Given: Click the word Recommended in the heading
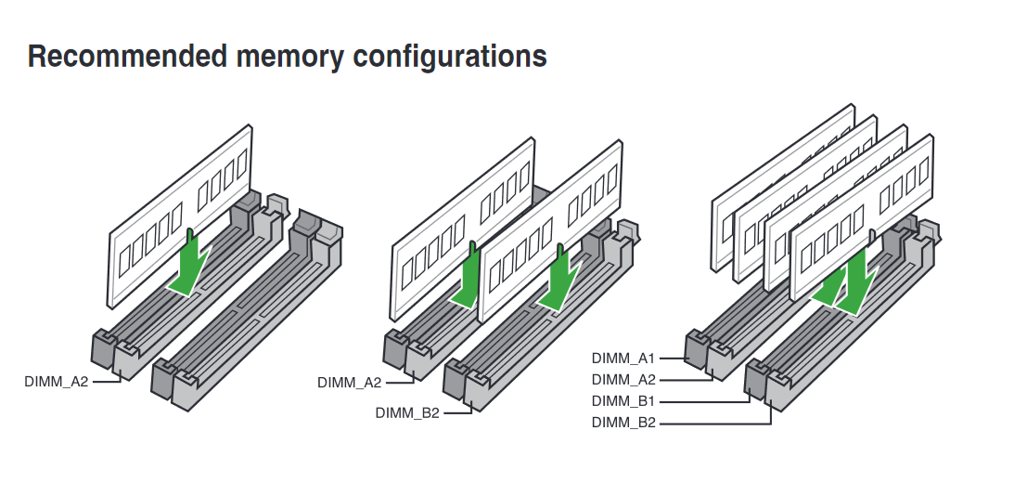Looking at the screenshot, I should click(127, 57).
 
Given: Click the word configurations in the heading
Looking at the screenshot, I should click(450, 57).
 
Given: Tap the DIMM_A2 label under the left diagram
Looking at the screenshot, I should click(57, 381).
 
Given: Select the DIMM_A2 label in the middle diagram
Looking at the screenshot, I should click(349, 383).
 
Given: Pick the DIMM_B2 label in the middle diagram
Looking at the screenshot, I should click(407, 413).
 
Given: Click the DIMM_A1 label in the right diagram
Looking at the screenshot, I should click(623, 358).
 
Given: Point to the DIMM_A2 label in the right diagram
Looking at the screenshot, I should click(623, 379).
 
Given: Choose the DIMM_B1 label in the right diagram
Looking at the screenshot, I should click(623, 401).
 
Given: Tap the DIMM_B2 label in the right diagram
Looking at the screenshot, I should click(623, 424).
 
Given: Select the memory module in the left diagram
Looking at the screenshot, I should click(176, 223).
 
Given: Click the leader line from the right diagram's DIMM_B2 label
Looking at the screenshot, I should click(714, 424).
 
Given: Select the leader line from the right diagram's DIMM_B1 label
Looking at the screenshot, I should click(705, 402).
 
